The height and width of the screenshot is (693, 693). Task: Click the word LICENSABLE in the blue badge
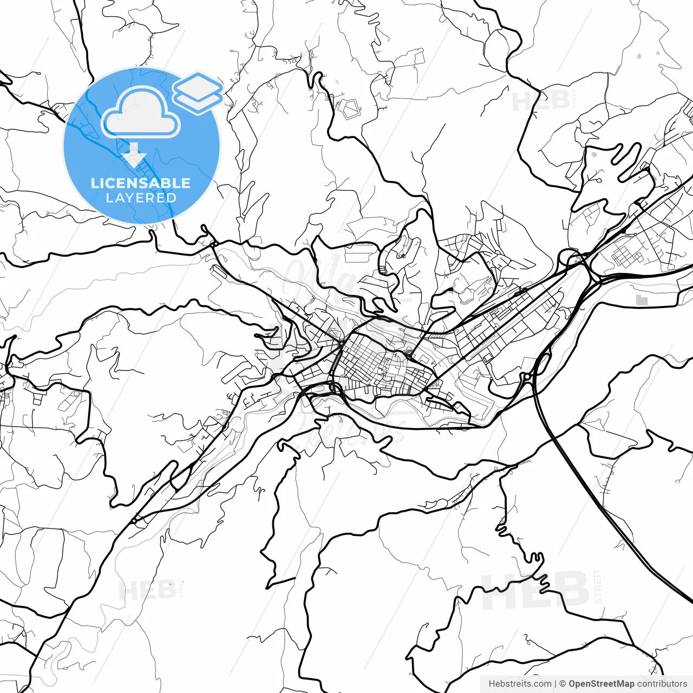(141, 183)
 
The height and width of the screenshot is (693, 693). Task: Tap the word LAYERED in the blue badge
(141, 198)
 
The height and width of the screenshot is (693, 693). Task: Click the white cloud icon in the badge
(141, 114)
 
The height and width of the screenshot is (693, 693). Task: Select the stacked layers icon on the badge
(198, 92)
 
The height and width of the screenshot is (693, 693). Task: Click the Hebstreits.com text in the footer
(520, 684)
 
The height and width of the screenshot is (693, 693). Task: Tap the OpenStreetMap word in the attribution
(602, 684)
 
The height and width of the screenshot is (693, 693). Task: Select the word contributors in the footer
(662, 684)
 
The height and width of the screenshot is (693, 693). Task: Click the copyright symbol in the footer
(563, 684)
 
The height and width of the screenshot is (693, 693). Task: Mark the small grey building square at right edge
(642, 299)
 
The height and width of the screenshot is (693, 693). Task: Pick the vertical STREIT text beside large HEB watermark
(598, 586)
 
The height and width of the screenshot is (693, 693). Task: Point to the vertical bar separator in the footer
(555, 684)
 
